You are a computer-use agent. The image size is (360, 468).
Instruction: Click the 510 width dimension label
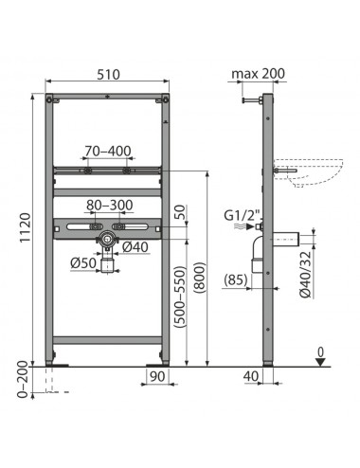click(108, 75)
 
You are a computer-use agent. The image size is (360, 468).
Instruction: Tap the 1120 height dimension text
click(26, 227)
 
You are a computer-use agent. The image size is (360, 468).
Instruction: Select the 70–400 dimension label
click(108, 151)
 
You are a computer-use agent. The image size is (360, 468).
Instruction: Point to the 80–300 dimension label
click(110, 205)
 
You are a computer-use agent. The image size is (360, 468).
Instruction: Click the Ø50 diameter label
click(83, 262)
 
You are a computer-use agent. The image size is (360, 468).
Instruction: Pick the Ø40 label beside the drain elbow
click(135, 246)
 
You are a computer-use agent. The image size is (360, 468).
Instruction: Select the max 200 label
click(258, 74)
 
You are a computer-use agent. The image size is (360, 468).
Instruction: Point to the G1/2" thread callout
click(243, 216)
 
